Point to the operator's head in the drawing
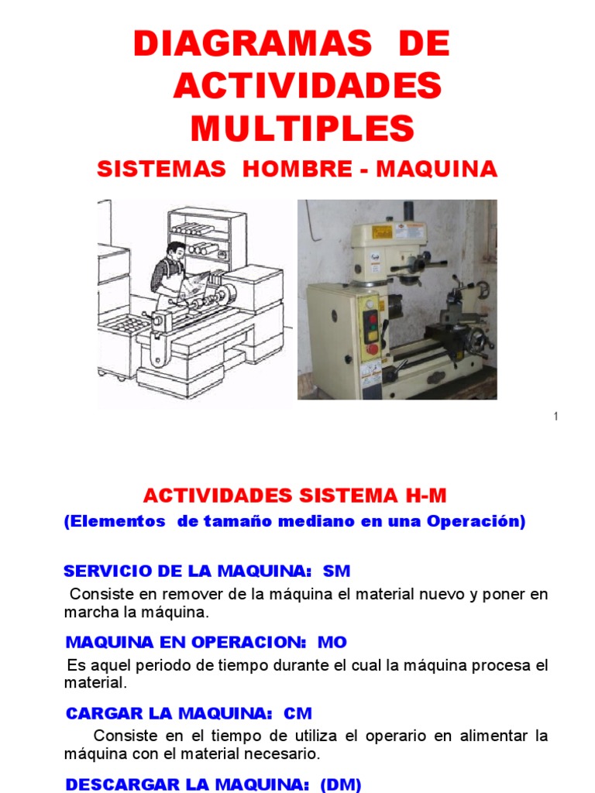point(176,252)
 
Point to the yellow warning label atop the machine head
point(381,232)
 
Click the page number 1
point(555,417)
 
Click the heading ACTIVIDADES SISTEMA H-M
point(295,496)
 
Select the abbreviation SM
point(336,572)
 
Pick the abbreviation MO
point(332,642)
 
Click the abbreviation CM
point(298,712)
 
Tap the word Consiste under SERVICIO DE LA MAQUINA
point(98,595)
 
